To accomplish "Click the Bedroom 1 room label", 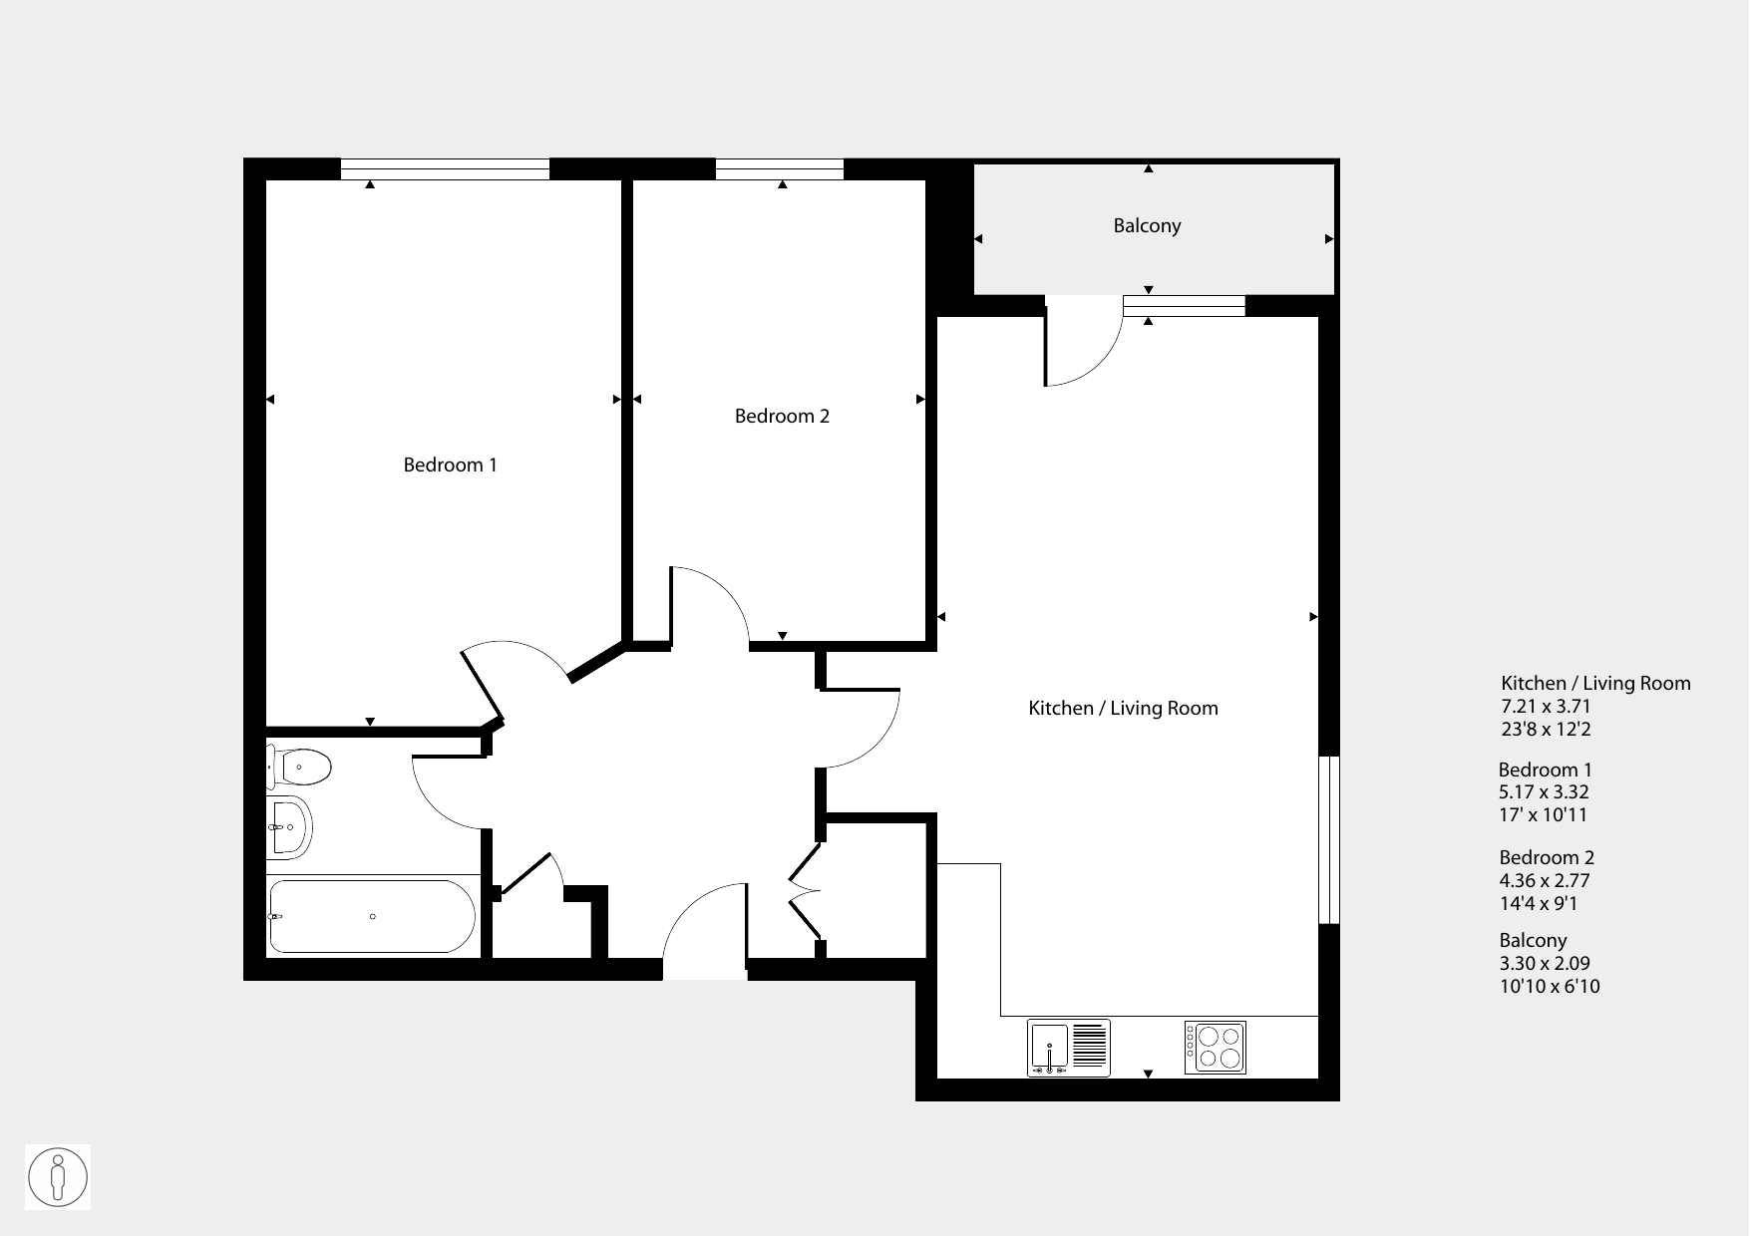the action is [x=450, y=464].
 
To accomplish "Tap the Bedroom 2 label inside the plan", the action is [x=782, y=416].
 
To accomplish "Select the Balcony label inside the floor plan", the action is [x=1147, y=226].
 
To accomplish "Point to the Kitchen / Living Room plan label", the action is [x=1123, y=708].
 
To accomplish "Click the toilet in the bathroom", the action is [x=299, y=767].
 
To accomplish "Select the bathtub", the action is [x=371, y=916].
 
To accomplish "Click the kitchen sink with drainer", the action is [x=1068, y=1048].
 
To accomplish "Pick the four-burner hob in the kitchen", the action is [x=1215, y=1048].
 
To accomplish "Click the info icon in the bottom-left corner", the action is [x=58, y=1177].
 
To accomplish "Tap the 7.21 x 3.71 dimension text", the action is [x=1546, y=707].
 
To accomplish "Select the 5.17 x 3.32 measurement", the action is [x=1545, y=792].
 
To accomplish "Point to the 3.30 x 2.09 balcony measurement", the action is [x=1545, y=964].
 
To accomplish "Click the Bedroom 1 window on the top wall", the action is [x=445, y=169].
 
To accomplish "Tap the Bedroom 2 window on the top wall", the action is [x=780, y=169].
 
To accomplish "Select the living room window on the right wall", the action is [x=1329, y=839].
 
